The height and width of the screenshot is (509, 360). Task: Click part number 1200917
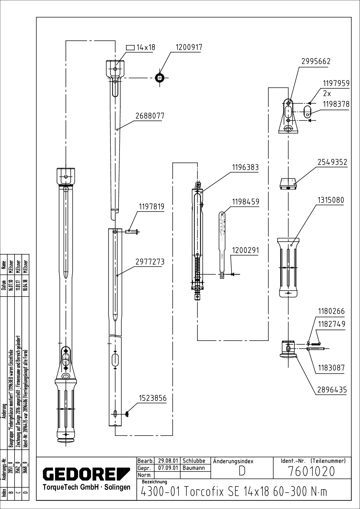189,47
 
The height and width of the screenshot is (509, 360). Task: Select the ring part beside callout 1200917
159,78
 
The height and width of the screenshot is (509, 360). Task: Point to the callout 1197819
151,207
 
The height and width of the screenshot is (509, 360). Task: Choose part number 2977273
150,262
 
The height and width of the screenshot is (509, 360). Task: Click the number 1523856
152,398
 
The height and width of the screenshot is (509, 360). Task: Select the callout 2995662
316,61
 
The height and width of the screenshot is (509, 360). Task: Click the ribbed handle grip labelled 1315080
289,266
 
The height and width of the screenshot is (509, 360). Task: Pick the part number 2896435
332,390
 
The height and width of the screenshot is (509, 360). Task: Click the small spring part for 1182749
316,343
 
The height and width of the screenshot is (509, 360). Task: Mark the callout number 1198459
246,202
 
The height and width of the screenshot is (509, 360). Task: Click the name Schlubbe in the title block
194,461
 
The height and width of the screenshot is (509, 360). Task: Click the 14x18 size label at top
146,47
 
